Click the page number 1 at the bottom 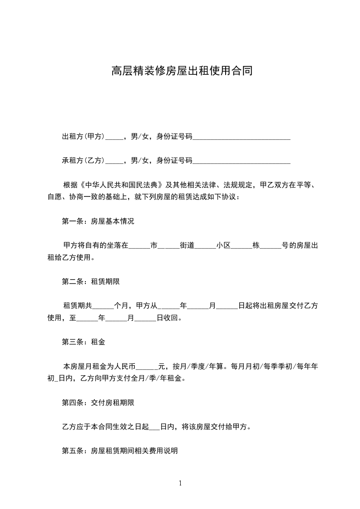[x=180, y=483]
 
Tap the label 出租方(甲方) [x=84, y=136]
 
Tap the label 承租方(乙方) [x=84, y=160]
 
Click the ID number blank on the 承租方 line [x=242, y=161]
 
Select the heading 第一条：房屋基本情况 [x=98, y=222]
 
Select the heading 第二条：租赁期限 [x=91, y=281]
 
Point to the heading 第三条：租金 [x=84, y=342]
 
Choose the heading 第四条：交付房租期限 [x=98, y=402]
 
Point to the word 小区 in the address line [x=224, y=246]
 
